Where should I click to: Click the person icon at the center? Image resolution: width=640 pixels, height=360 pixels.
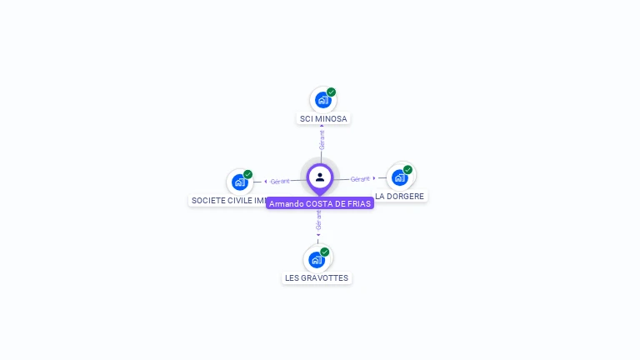coord(320,177)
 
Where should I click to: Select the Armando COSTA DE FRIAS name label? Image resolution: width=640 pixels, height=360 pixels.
coord(320,203)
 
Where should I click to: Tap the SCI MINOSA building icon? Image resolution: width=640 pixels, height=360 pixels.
coord(322,100)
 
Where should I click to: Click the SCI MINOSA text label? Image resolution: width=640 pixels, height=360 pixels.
coord(323,119)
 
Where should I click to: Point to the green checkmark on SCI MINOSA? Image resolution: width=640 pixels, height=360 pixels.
coord(331,92)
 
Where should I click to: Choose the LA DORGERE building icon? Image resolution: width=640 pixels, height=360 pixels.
coord(400,177)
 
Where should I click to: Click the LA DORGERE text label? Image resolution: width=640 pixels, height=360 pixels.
coord(400,197)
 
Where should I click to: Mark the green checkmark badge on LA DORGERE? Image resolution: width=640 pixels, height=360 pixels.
coord(407,170)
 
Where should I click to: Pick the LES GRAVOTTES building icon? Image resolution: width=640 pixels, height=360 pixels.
coord(317,259)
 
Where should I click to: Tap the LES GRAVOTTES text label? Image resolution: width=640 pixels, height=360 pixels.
coord(317,278)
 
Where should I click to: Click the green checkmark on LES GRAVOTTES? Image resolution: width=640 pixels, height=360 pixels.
coord(324,252)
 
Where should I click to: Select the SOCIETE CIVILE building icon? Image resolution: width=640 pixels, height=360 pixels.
coord(240,182)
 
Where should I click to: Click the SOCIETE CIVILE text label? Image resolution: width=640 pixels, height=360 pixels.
coord(228,201)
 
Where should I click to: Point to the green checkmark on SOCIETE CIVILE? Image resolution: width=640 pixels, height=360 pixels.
coord(247,175)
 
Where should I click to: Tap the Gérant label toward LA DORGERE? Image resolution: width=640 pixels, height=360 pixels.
coord(360,179)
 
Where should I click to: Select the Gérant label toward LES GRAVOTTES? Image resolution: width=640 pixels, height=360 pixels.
coord(318,219)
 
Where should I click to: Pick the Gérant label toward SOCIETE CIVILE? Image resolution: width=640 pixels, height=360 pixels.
coord(280,181)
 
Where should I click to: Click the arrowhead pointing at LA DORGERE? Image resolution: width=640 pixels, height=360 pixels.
coord(374,177)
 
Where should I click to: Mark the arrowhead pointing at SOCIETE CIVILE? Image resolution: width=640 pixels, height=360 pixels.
coord(266,181)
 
